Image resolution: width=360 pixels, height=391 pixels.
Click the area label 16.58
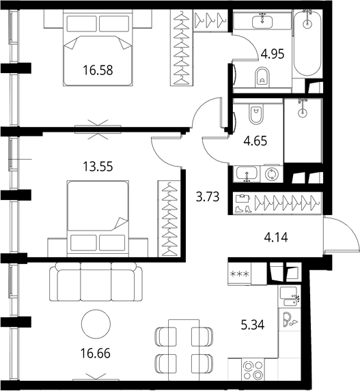pyautogui.click(x=98, y=70)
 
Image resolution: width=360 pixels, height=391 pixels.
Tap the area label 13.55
pyautogui.click(x=98, y=166)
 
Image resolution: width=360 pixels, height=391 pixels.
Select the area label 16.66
pyautogui.click(x=96, y=353)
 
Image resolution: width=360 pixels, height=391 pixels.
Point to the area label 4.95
pyautogui.click(x=273, y=54)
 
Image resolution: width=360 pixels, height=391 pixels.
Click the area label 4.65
pyautogui.click(x=255, y=141)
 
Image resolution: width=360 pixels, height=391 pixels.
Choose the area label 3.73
pyautogui.click(x=208, y=197)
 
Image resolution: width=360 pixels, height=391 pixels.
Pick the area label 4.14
pyautogui.click(x=276, y=237)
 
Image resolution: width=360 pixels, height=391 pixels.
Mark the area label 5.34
pyautogui.click(x=253, y=325)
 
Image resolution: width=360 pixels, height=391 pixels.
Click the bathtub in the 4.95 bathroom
pyautogui.click(x=307, y=42)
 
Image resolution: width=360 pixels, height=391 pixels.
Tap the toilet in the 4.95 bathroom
pyautogui.click(x=262, y=77)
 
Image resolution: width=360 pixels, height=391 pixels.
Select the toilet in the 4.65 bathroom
pyautogui.click(x=255, y=113)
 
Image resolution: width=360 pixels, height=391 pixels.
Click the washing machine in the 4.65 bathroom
pyautogui.click(x=272, y=174)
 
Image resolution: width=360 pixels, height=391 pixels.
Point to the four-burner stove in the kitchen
pyautogui.click(x=253, y=370)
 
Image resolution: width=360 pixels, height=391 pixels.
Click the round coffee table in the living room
pyautogui.click(x=96, y=324)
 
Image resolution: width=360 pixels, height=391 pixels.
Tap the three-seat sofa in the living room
pyautogui.click(x=96, y=282)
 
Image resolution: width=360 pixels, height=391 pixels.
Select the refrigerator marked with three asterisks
pyautogui.click(x=239, y=274)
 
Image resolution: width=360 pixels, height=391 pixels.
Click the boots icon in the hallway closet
pyautogui.click(x=243, y=209)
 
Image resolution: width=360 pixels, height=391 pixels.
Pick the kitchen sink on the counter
pyautogui.click(x=290, y=296)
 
